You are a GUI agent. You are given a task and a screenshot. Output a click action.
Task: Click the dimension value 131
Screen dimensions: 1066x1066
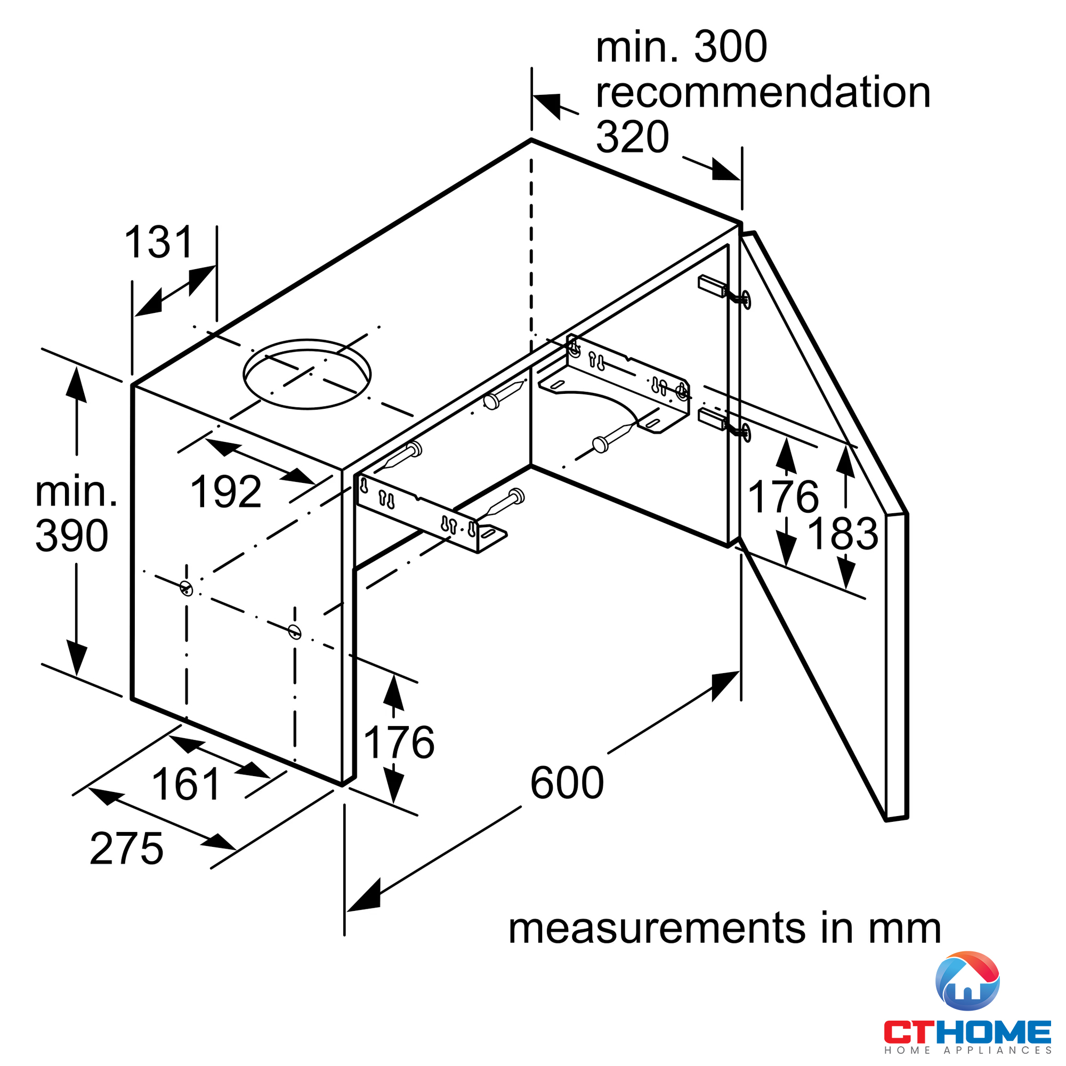coord(159,242)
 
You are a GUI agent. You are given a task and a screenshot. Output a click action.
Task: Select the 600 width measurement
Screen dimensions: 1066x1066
coord(567,782)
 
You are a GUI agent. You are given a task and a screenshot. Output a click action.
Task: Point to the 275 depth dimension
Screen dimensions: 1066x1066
coord(126,848)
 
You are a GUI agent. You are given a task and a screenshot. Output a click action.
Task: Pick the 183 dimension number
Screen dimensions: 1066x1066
coord(843,534)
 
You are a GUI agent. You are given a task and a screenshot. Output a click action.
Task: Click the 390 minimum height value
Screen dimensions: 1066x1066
coord(72,536)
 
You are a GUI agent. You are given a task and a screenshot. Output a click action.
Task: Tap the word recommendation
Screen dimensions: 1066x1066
coord(763,92)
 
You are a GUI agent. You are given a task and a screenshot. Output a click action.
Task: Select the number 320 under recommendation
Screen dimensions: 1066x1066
coord(632,137)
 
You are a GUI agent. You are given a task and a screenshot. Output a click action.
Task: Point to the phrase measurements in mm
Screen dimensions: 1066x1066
coord(724,928)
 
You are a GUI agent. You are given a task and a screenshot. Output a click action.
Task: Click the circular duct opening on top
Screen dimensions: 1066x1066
coord(307,374)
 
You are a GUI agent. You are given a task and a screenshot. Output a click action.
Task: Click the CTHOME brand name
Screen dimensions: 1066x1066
coord(967,1032)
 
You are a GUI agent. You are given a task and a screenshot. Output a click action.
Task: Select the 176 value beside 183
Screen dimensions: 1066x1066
coord(783,497)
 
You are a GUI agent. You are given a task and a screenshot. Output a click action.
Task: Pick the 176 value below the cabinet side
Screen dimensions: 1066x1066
coord(399,742)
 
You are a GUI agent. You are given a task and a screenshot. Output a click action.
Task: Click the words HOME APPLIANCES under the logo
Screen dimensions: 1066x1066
coord(967,1051)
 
